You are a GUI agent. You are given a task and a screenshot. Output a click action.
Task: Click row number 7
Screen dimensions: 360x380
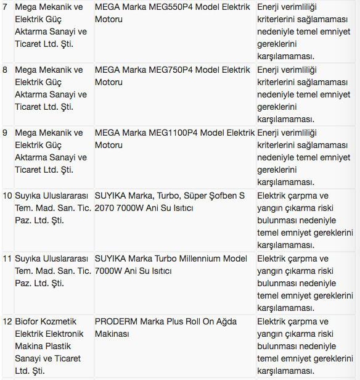click(x=6, y=7)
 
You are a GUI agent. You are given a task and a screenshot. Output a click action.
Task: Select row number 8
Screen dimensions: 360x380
click(x=6, y=70)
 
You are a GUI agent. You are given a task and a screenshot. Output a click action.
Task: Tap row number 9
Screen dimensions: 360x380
click(x=6, y=133)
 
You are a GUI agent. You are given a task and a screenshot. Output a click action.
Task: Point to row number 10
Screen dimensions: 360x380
click(x=7, y=196)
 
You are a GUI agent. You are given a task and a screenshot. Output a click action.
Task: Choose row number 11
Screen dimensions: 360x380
click(x=7, y=258)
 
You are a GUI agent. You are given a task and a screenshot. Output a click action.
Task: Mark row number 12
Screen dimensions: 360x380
click(x=7, y=321)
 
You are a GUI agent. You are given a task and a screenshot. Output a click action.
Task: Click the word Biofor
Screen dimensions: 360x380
click(x=28, y=321)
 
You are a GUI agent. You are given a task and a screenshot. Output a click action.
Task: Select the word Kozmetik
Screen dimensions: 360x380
click(x=62, y=321)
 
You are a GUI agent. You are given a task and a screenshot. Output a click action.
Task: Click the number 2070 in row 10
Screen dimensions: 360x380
click(x=105, y=208)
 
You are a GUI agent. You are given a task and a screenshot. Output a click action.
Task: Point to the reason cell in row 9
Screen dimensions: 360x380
click(x=306, y=157)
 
